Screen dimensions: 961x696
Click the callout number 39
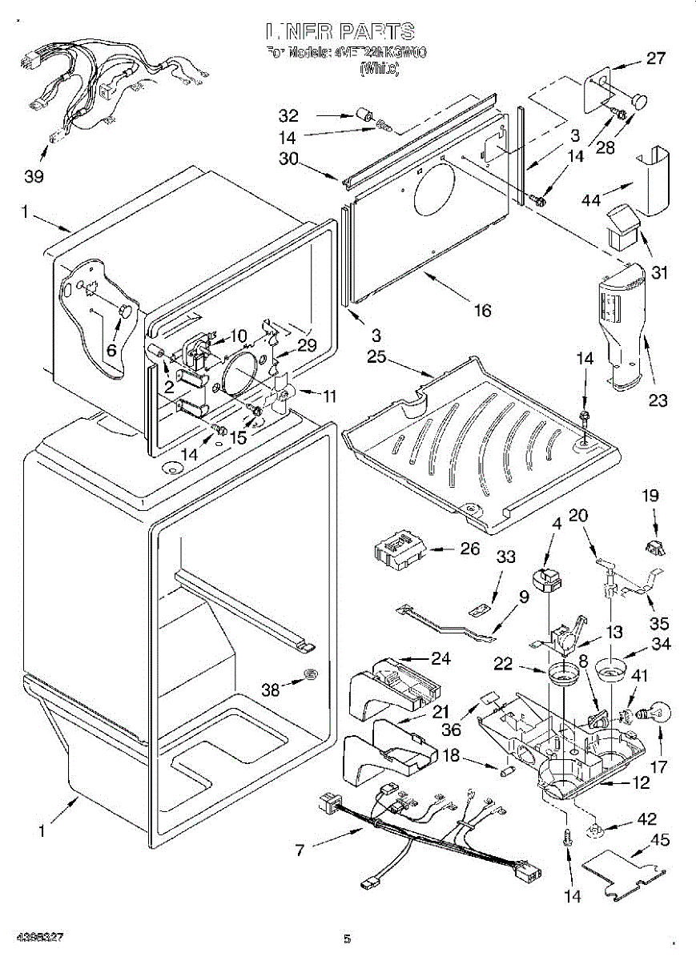coord(34,176)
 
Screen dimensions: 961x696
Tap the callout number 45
coord(660,840)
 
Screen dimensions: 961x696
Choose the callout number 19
coord(650,496)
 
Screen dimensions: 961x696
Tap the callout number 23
coord(658,400)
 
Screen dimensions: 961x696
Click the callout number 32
coord(288,114)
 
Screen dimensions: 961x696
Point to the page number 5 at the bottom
coord(347,939)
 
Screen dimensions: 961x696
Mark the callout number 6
coord(111,349)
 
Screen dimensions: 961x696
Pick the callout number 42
coord(647,819)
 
